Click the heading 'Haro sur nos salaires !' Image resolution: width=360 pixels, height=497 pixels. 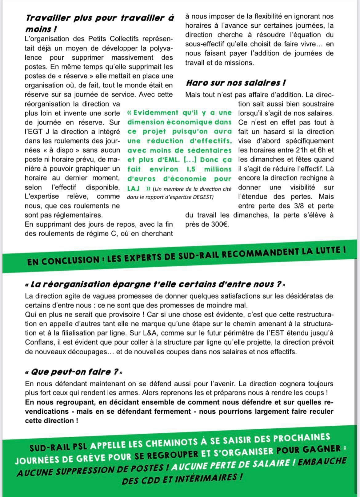tap(236, 83)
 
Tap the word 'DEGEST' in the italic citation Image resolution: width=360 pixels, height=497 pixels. tap(203, 197)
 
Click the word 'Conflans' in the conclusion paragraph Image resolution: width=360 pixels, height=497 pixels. tap(39, 342)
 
